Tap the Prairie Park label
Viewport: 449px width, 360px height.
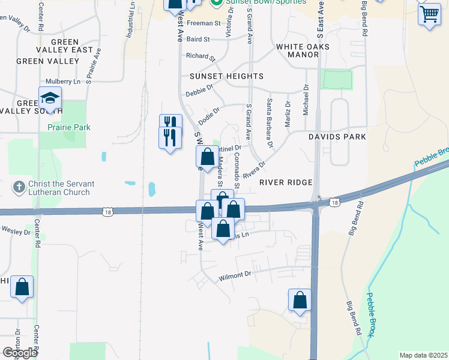69,127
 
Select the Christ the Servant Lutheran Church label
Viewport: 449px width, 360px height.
59,188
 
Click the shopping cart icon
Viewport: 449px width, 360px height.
429,13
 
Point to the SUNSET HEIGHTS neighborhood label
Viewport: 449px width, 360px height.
226,76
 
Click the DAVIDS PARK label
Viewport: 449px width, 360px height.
337,137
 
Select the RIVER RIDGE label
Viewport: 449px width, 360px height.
286,182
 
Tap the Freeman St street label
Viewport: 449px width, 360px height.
204,23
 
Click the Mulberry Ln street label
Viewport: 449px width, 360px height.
63,82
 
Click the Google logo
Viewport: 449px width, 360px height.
19,353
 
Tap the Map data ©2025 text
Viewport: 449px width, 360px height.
423,355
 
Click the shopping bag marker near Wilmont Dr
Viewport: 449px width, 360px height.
300,300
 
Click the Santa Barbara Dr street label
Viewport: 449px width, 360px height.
270,123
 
